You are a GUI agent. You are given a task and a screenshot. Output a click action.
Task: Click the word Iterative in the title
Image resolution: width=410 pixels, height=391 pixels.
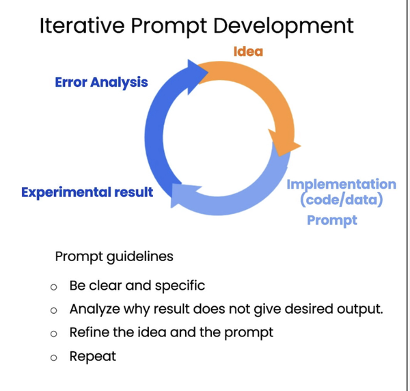pos(82,25)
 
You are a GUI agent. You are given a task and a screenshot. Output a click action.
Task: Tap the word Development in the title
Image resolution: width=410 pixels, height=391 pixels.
pos(284,26)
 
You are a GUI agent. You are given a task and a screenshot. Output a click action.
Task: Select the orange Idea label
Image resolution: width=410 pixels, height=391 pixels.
pos(248,51)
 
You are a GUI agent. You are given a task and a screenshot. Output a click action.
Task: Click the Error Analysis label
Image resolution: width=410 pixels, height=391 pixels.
pos(101,83)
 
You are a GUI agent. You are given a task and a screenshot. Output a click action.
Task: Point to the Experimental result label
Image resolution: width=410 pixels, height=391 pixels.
pos(87,192)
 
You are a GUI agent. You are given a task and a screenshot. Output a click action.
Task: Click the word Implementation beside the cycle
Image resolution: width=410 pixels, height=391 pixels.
pos(342,185)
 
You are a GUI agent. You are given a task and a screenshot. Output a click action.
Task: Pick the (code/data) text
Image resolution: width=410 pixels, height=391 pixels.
pos(342,200)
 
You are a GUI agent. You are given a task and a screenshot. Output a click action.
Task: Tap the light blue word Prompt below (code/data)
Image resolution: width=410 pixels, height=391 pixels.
pos(332,221)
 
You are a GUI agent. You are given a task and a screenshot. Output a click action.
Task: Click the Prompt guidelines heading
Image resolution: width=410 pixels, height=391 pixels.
pos(114,257)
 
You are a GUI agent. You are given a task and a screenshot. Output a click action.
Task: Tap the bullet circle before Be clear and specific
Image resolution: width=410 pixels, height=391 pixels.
pos(53,287)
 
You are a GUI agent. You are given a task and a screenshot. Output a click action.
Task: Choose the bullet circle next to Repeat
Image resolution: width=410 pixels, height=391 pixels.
pos(53,358)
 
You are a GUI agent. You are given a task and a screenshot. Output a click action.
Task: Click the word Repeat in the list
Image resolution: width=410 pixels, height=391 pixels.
pos(93,357)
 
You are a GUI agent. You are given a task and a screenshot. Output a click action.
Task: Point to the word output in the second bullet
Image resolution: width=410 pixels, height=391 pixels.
pos(360,310)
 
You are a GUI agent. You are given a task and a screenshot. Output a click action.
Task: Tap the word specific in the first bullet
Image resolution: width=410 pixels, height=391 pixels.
pos(180,286)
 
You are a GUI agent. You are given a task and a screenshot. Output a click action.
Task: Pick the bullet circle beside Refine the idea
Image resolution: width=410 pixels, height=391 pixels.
pos(53,334)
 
